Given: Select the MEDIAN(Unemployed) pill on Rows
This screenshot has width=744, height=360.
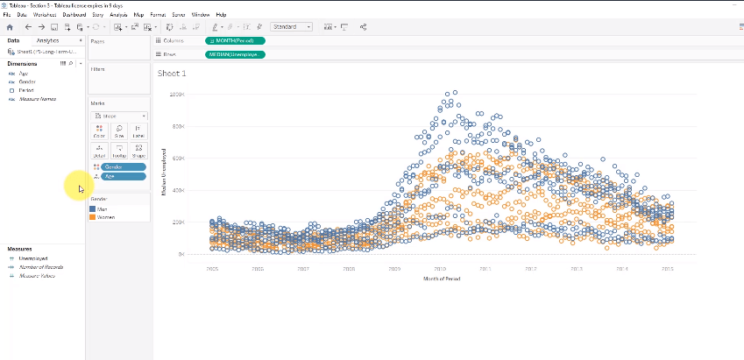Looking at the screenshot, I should pos(234,54).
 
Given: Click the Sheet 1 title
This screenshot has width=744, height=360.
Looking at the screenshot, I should pos(172,73).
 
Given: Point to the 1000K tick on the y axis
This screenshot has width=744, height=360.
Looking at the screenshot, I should pos(176,94).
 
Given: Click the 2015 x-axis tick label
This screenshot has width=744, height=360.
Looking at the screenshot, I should pos(666,269).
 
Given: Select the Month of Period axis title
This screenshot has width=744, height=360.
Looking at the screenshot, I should pos(441,279).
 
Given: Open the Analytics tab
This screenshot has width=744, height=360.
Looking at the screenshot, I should pos(47,41).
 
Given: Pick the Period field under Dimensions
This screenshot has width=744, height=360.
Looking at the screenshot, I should pos(25,90).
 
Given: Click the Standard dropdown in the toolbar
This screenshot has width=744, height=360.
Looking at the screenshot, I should pos(291,27).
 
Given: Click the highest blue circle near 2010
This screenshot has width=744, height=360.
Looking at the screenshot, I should pos(454,92).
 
